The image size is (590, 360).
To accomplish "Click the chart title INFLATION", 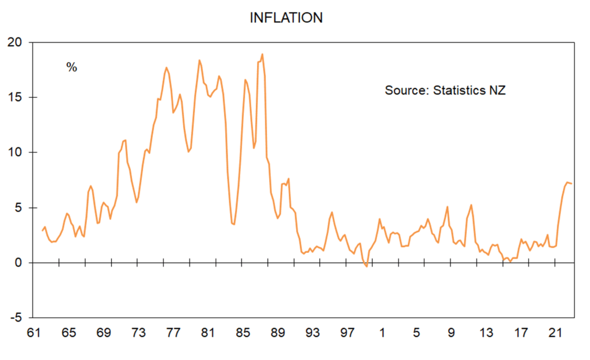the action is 286,18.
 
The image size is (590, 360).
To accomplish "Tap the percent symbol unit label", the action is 71,67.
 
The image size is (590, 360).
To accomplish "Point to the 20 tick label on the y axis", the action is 15,42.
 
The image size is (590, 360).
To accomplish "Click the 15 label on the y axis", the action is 15,97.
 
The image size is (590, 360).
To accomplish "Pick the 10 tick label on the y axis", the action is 15,152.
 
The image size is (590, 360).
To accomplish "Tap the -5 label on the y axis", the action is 16,318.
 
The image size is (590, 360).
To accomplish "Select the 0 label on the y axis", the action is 18,263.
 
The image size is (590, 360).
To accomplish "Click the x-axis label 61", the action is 33,332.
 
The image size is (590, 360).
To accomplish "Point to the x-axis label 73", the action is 138,332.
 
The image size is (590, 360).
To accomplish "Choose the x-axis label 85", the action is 243,332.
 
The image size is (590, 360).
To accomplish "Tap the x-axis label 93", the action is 312,332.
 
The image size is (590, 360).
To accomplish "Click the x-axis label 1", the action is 382,332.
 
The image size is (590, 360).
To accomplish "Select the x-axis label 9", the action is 451,332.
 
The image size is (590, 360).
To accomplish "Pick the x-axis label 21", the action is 556,332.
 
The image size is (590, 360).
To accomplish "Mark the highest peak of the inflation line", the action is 262,54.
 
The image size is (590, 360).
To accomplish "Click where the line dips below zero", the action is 366,266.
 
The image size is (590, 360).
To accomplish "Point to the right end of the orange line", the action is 572,184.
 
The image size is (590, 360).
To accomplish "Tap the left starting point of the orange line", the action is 42,230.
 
